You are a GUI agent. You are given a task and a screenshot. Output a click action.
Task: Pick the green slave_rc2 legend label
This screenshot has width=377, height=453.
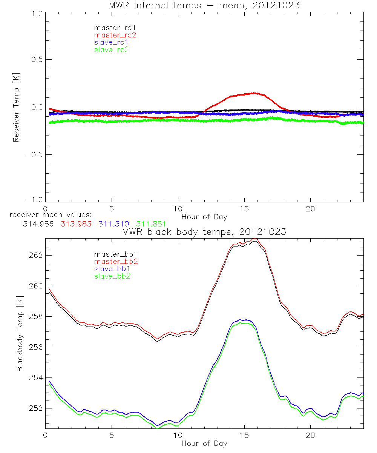pos(111,49)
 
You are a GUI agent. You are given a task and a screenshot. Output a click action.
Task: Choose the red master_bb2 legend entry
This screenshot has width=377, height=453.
pos(112,261)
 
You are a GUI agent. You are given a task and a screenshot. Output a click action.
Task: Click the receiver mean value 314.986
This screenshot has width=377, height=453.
pos(38,224)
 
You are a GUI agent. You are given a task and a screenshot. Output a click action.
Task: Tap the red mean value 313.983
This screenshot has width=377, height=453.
pos(75,224)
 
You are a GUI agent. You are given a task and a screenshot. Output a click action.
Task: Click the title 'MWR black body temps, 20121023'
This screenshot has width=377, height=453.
pos(204,232)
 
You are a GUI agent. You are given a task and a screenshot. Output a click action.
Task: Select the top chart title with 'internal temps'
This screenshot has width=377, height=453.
pos(204,6)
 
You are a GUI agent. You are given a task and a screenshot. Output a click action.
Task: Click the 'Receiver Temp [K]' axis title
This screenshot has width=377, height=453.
pos(16,107)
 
